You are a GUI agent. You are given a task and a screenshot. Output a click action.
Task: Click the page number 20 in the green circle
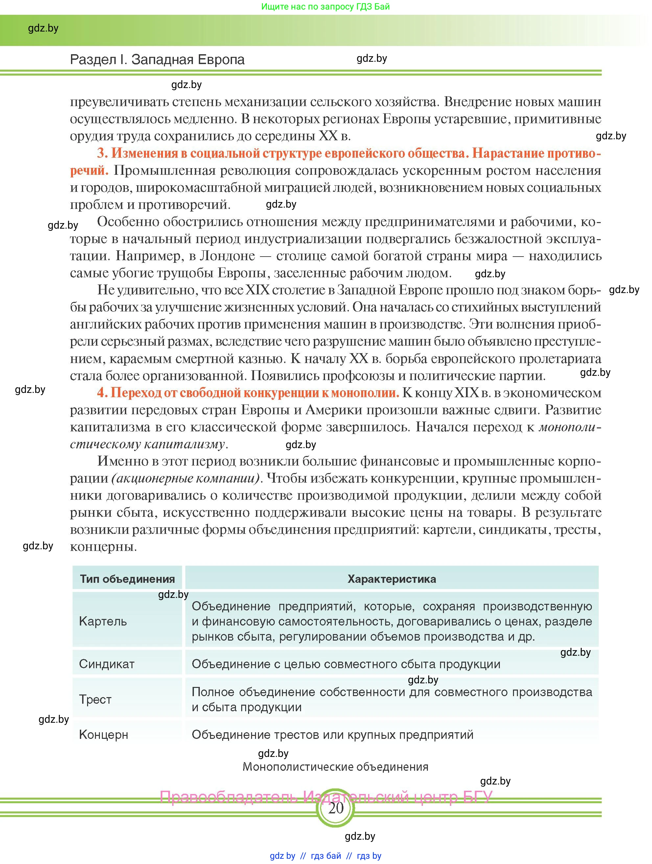[335, 808]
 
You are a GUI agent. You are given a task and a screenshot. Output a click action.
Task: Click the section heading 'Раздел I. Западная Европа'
[157, 59]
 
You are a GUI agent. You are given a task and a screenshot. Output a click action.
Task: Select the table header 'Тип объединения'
[128, 579]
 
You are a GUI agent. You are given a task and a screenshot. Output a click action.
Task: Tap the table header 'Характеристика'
[391, 579]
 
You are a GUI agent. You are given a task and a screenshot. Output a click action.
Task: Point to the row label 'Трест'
[95, 699]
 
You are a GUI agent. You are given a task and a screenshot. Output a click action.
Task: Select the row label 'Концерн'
[103, 734]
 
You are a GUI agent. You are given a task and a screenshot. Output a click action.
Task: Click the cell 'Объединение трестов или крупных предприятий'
[333, 734]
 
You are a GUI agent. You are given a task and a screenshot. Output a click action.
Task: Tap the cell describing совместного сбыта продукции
[346, 664]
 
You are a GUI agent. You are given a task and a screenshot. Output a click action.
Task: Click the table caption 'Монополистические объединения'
[335, 767]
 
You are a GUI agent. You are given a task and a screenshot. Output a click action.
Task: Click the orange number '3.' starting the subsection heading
[102, 153]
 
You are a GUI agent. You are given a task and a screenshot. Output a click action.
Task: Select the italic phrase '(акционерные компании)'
[186, 478]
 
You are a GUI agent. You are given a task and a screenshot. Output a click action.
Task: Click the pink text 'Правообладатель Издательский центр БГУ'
[325, 796]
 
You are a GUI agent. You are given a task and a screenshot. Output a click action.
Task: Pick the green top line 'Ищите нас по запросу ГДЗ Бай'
[325, 7]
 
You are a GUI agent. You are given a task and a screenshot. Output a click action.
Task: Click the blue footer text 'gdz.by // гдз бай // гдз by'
[325, 856]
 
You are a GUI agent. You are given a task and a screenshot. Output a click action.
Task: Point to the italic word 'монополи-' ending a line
[569, 427]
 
